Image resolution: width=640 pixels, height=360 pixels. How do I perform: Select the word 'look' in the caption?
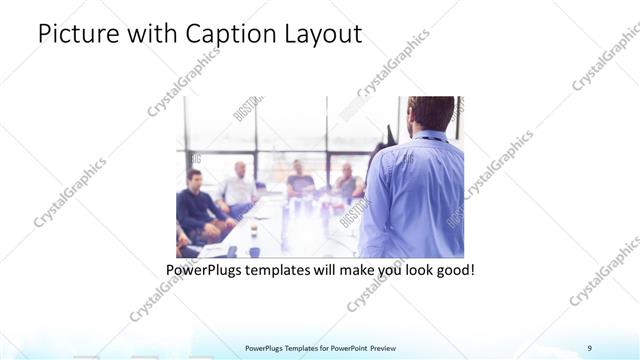tap(411, 270)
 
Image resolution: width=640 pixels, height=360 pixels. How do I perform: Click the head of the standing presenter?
tap(432, 113)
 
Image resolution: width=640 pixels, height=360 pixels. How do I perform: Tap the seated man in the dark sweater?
tap(195, 205)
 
